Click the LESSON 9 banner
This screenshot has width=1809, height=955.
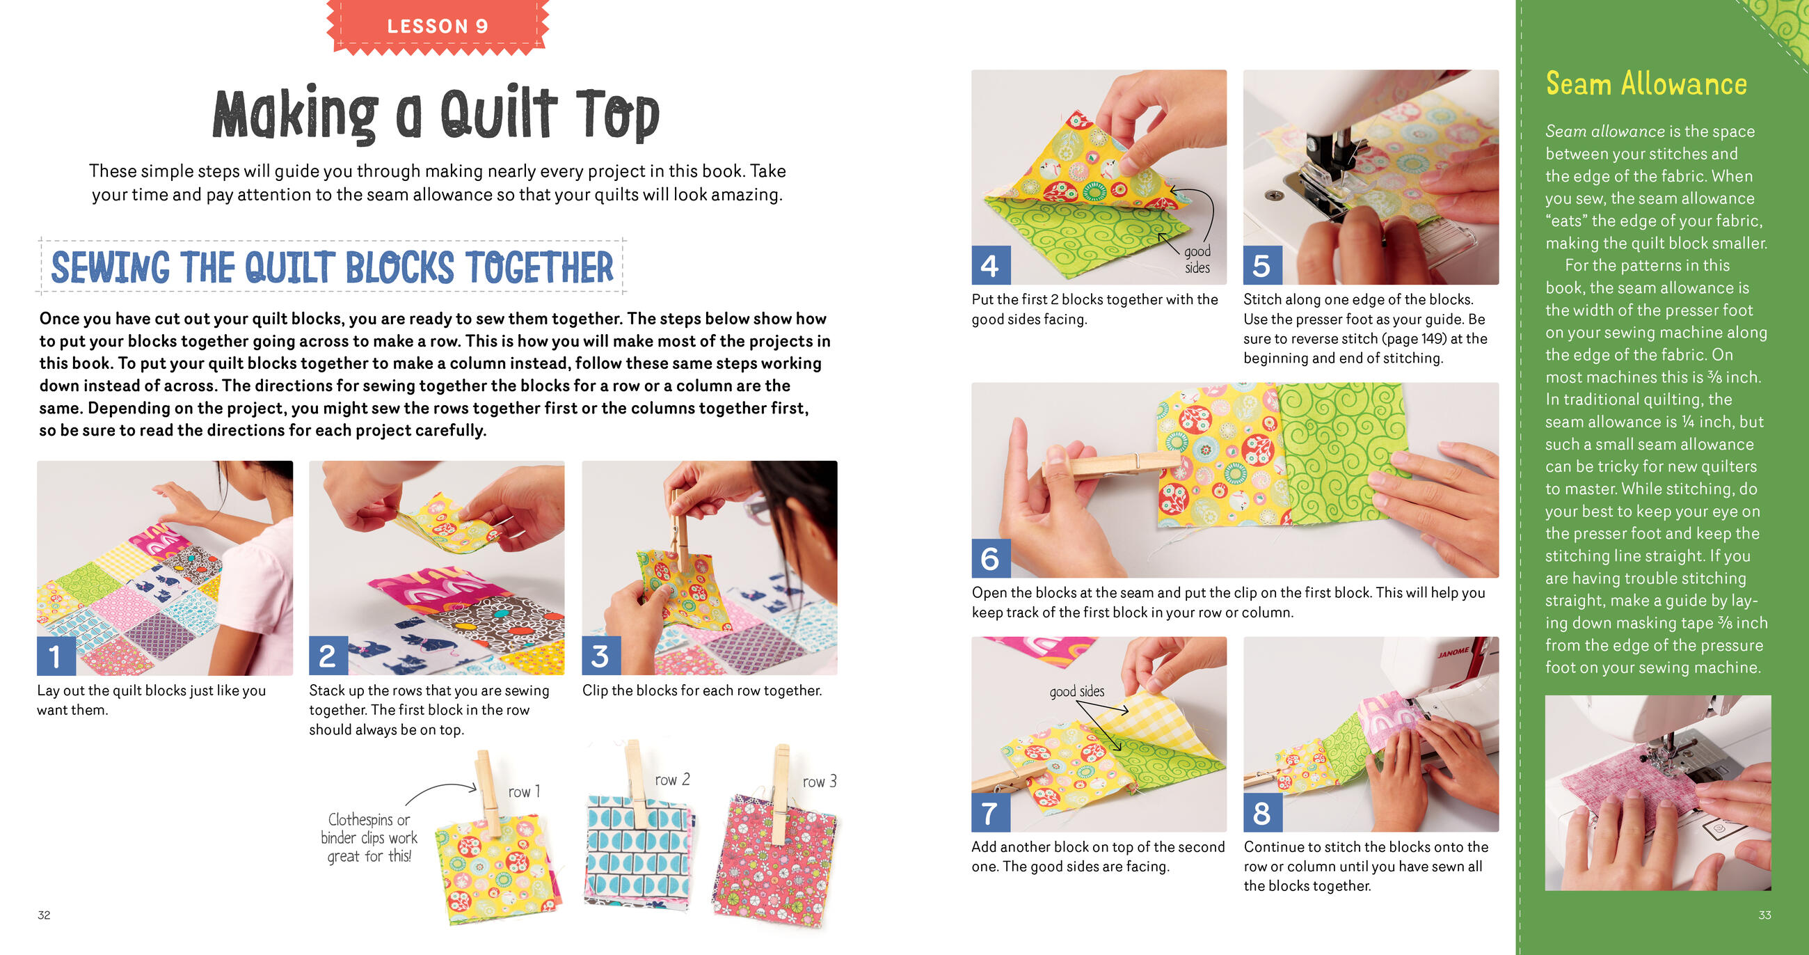point(437,26)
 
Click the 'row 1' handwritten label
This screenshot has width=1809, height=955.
point(524,792)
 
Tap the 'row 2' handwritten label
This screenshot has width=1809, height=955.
point(672,780)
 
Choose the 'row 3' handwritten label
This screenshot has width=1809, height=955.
point(820,782)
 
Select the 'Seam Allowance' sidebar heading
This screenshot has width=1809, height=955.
point(1646,84)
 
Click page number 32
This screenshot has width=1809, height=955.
point(44,915)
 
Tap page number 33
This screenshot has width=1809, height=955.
point(1764,915)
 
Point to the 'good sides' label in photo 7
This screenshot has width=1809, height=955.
point(1076,691)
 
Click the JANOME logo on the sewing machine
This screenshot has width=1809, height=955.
point(1453,653)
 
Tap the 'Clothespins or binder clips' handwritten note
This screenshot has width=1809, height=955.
point(369,837)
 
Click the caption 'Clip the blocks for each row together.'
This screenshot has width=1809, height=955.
point(701,690)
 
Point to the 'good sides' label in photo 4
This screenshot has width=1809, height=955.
point(1197,260)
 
